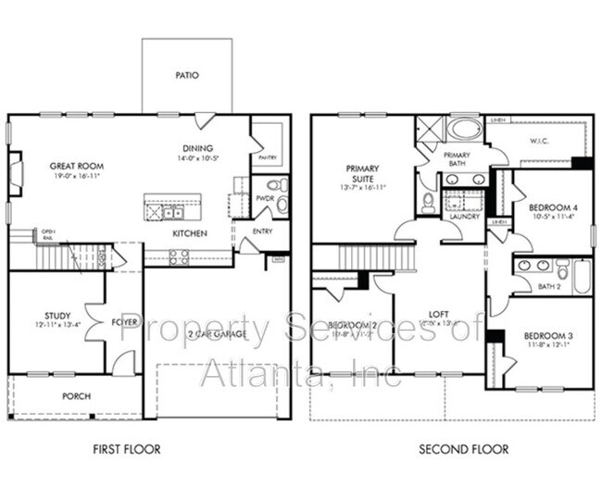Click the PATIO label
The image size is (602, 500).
186,75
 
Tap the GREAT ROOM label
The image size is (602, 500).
75,167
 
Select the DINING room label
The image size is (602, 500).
197,148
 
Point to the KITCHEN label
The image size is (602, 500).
189,233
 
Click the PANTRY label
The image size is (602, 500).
268,157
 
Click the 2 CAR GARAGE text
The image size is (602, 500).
217,334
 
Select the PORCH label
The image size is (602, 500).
76,396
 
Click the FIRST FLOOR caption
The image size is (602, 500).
127,449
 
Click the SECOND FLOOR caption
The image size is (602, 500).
463,449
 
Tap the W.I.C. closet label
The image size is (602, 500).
540,142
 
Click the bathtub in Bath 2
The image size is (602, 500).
581,275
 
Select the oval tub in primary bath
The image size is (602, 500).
464,128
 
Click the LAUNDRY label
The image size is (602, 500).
464,217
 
